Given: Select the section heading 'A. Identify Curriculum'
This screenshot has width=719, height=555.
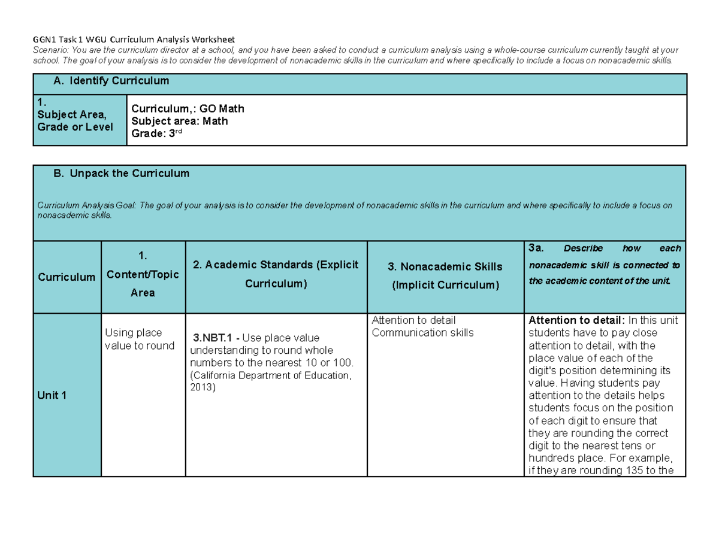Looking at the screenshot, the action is click(x=111, y=81).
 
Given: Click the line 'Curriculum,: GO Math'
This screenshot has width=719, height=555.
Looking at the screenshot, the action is click(x=188, y=109).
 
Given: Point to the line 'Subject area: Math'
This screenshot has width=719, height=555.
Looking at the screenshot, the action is click(x=180, y=121).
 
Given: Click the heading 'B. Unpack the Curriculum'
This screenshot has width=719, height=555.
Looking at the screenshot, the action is click(x=121, y=174).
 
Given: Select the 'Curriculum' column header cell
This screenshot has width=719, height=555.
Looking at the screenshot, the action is click(x=67, y=277).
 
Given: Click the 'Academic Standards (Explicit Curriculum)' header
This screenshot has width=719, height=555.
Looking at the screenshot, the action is click(x=276, y=274).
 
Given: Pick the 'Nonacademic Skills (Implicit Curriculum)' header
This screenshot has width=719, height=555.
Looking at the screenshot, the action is click(x=445, y=275).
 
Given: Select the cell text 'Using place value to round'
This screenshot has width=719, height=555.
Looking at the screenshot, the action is click(x=139, y=339).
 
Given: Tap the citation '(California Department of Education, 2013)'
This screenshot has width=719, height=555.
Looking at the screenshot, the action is click(x=268, y=381).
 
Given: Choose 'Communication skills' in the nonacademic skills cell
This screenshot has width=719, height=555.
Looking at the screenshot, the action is click(x=422, y=332).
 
